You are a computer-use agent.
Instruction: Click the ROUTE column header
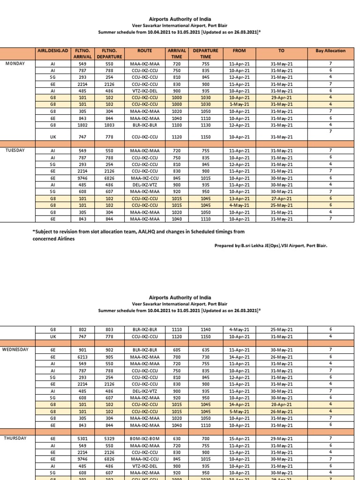point(145,51)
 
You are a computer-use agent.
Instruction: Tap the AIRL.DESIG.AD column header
point(52,51)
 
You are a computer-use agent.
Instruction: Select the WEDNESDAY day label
point(15,350)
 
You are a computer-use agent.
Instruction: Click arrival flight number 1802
point(82,125)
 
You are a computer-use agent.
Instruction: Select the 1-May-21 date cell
point(240,105)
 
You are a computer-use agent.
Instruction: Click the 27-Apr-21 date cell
point(282,199)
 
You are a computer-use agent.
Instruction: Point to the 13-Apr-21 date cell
point(240,199)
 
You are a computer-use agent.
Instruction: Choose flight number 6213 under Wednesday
point(82,357)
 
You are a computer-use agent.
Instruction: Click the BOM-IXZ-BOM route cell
point(145,439)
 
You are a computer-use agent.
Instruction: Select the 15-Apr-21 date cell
point(240,439)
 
